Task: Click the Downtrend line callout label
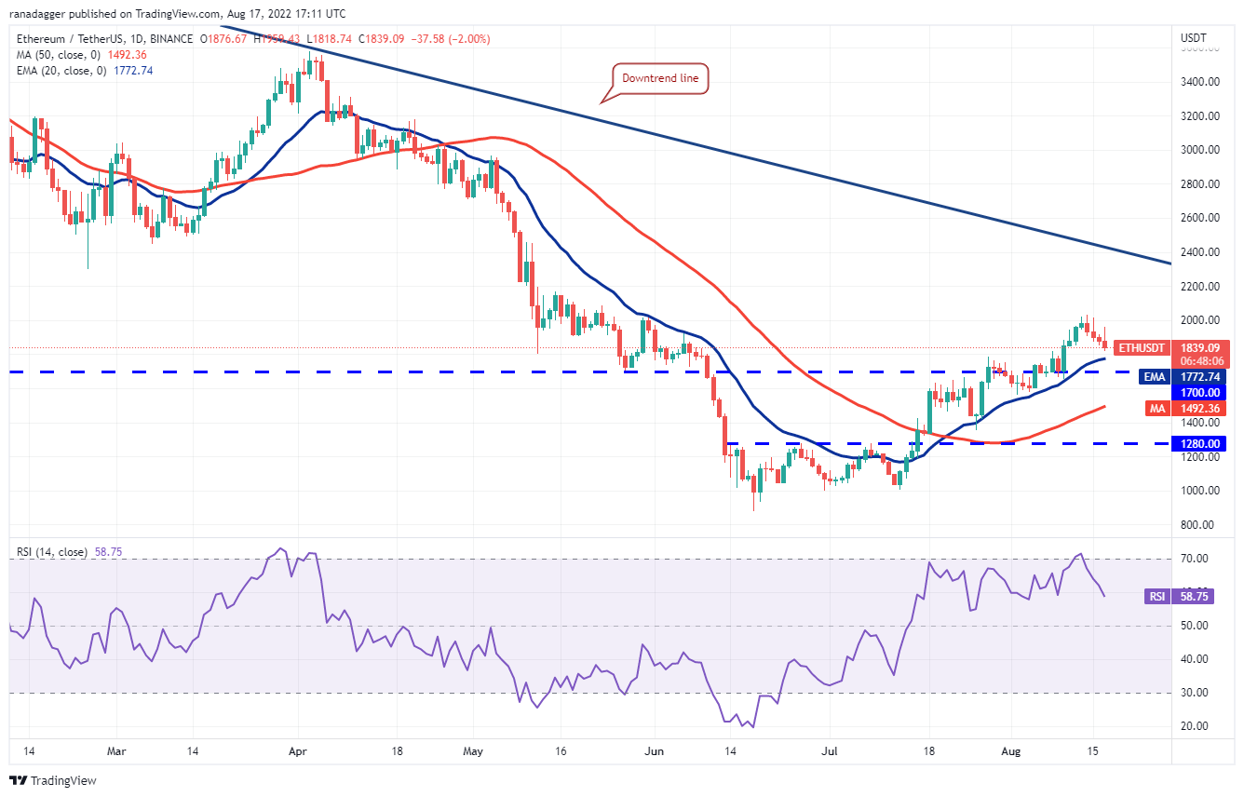pyautogui.click(x=660, y=79)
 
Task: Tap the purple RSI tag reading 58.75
pyautogui.click(x=1179, y=596)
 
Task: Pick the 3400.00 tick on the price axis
pyautogui.click(x=1199, y=82)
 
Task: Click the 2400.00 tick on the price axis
pyautogui.click(x=1199, y=252)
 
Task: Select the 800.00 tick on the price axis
pyautogui.click(x=1199, y=525)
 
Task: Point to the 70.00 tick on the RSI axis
pyautogui.click(x=1196, y=559)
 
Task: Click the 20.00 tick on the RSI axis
pyautogui.click(x=1196, y=726)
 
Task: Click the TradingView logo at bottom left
pyautogui.click(x=53, y=780)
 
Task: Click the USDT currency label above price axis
pyautogui.click(x=1193, y=38)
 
